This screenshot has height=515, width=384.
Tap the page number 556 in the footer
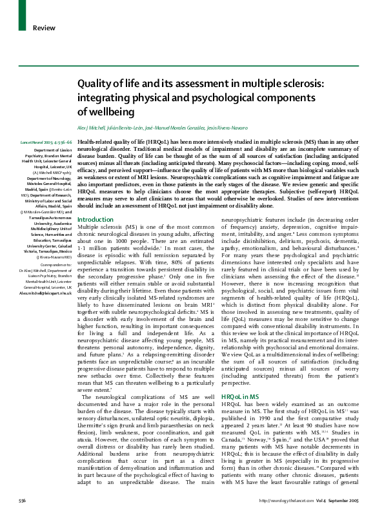click(x=23, y=500)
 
